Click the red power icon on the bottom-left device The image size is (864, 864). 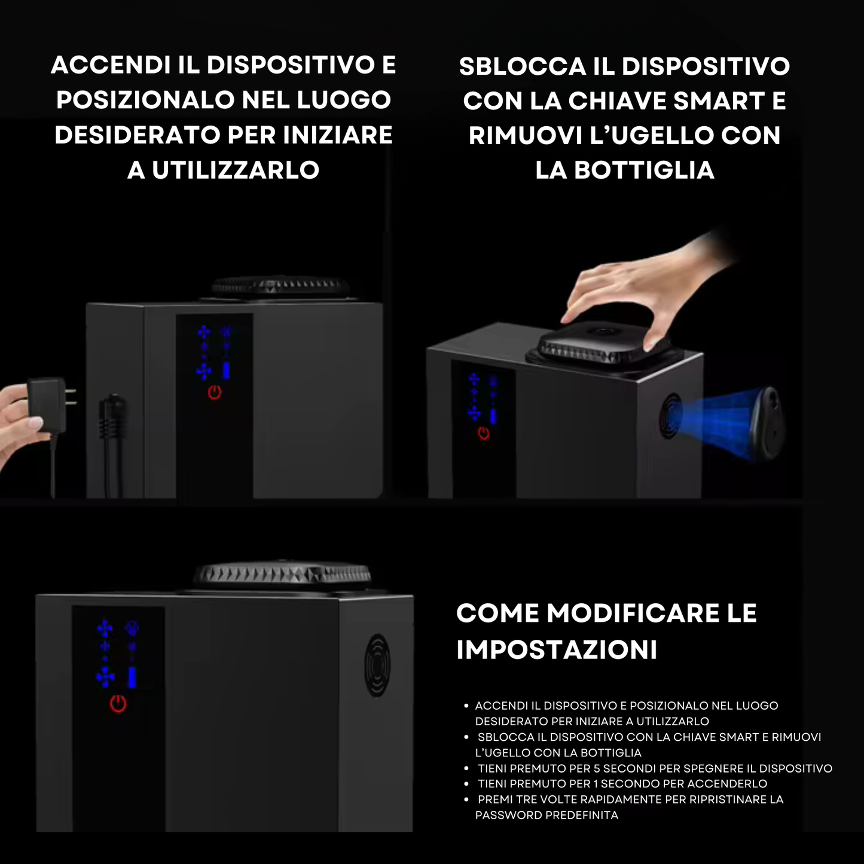[x=118, y=704]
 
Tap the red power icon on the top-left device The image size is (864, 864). [x=214, y=392]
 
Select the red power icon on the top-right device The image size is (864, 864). [x=483, y=433]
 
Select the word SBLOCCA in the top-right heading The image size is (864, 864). [x=523, y=66]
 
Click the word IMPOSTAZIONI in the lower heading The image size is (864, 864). [x=557, y=650]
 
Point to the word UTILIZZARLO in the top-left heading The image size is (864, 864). [x=236, y=170]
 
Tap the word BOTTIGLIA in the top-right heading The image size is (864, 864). [x=645, y=170]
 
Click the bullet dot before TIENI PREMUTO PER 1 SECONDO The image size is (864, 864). [x=466, y=784]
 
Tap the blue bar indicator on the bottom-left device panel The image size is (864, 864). [x=132, y=677]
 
